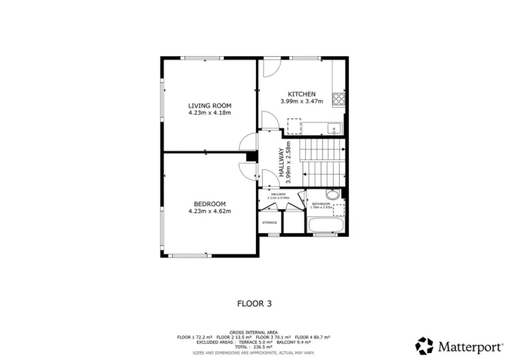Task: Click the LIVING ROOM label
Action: click(210, 105)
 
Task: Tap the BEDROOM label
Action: click(210, 203)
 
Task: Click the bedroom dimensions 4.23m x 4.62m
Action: click(210, 211)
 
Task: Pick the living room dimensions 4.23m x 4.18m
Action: click(210, 113)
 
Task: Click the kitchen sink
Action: click(332, 128)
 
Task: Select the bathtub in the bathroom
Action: click(327, 226)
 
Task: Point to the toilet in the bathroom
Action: click(331, 194)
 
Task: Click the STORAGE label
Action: click(269, 222)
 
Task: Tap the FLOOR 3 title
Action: click(254, 304)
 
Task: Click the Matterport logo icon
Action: click(424, 345)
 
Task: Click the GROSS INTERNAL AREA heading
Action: click(254, 332)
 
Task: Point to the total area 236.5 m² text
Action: click(254, 347)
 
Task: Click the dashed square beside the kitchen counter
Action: click(293, 125)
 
